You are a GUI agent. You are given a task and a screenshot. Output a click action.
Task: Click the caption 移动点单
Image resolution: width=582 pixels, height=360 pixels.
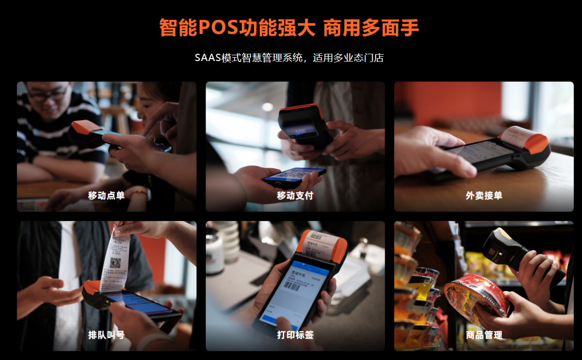[x=106, y=196]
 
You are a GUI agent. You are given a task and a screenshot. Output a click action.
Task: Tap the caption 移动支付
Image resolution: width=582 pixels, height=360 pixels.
[x=295, y=196]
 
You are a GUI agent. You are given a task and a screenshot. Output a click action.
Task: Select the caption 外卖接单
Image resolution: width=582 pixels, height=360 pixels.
[x=484, y=196]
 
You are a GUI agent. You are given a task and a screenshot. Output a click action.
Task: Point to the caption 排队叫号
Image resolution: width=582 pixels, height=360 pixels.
[x=106, y=335]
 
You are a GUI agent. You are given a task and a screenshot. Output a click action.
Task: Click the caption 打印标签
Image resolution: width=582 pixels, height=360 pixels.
[x=295, y=335]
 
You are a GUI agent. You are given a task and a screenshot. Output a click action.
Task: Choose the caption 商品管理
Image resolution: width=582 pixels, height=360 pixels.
[x=484, y=335]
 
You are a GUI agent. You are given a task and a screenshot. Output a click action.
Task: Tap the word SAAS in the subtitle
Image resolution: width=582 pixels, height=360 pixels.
[x=207, y=58]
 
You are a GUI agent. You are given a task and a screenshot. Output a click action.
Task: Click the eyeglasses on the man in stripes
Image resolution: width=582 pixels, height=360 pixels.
[x=47, y=94]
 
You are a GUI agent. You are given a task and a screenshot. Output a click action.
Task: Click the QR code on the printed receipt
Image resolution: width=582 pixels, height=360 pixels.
[x=115, y=263]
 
